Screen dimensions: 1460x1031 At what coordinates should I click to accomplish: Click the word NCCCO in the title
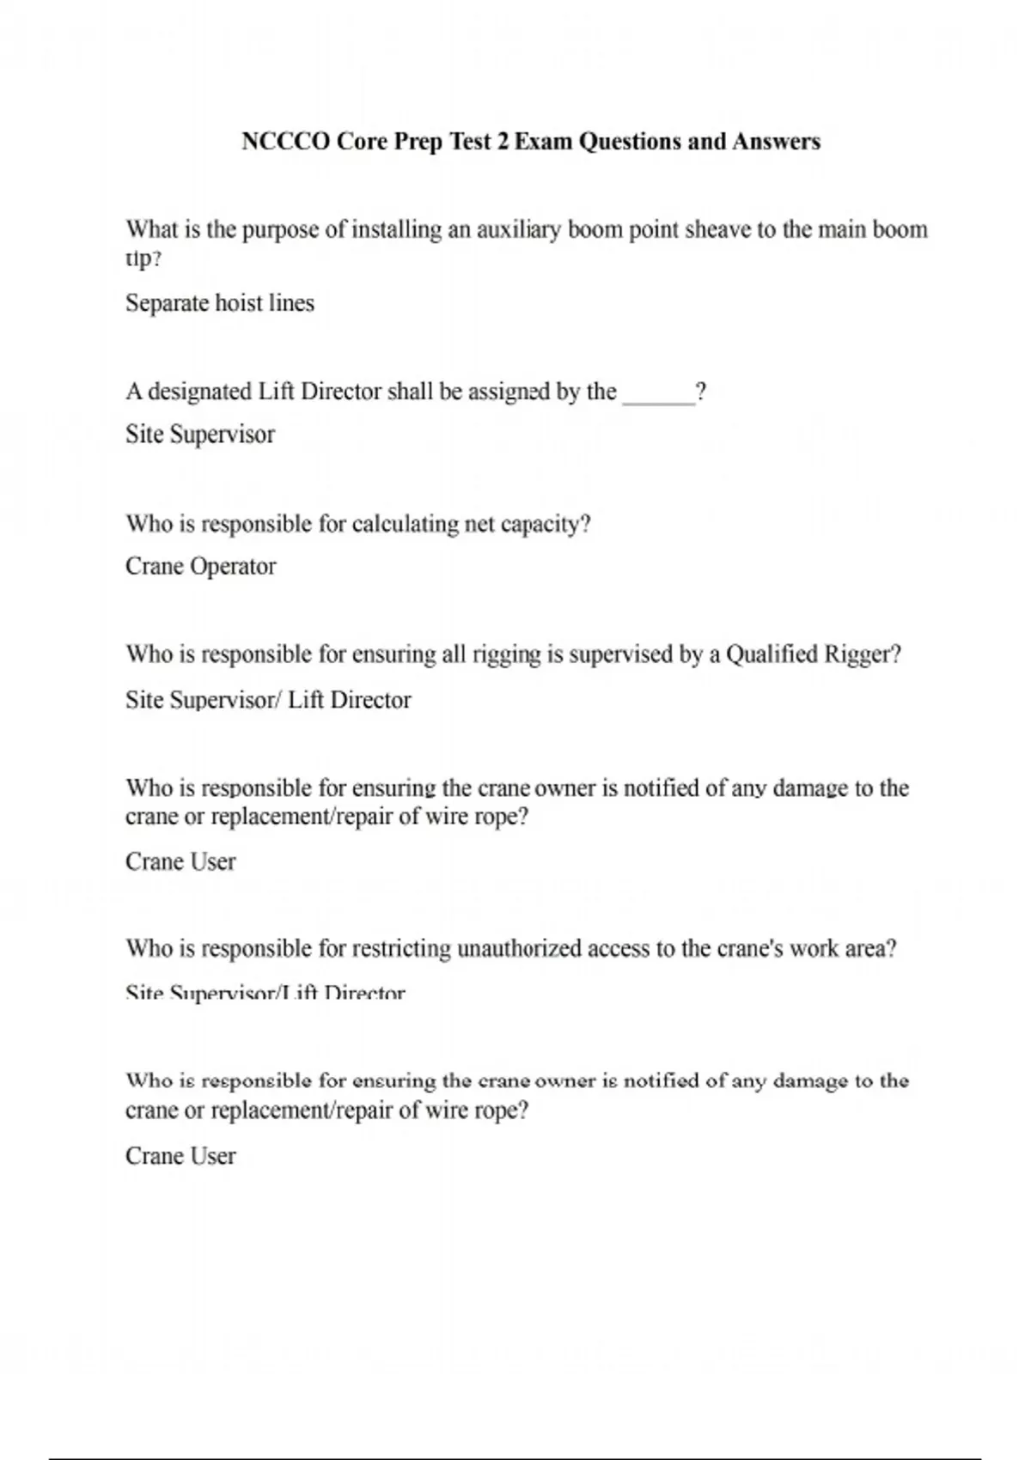click(285, 142)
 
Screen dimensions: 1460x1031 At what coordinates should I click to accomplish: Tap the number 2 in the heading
click(503, 142)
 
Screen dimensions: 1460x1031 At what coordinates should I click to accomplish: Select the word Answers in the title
click(776, 142)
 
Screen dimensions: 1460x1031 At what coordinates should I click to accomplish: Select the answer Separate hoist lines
click(220, 303)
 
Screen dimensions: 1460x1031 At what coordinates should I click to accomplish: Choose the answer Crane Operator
click(201, 567)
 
